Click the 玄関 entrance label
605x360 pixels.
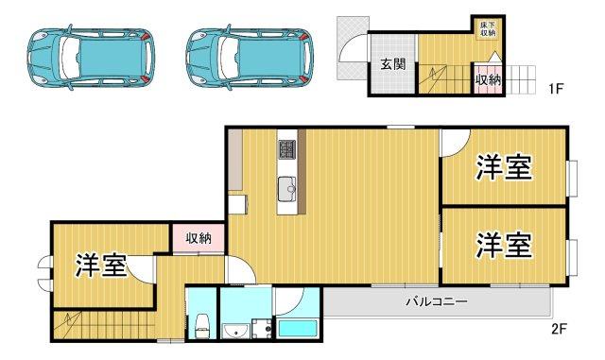tap(393, 63)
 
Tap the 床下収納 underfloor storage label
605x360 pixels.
tap(488, 28)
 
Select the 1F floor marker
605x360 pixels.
tap(557, 89)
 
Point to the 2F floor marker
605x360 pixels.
tap(560, 329)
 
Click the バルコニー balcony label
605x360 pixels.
tap(437, 301)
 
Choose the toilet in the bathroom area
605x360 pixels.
tap(201, 326)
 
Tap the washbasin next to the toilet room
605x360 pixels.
tap(235, 331)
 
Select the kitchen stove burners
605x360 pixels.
tap(287, 149)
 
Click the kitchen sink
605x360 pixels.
tap(287, 189)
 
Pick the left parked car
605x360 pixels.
tap(91, 58)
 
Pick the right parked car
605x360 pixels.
tap(250, 58)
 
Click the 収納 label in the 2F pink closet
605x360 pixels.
tap(199, 238)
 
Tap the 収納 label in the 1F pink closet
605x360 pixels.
tap(488, 80)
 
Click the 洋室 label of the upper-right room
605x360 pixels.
tap(504, 167)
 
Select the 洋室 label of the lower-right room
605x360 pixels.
tap(504, 245)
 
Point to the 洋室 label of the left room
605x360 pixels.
tap(101, 266)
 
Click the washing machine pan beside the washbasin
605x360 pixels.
tap(262, 329)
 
